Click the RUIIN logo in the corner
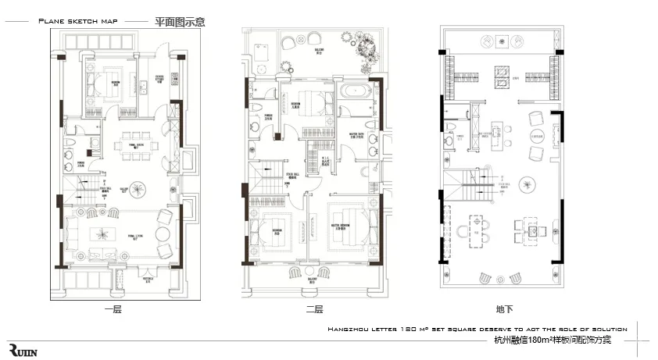coord(23,348)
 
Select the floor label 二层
coord(315,309)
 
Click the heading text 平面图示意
coord(181,21)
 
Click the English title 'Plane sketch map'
coord(78,21)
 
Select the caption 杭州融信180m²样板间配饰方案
coord(553,340)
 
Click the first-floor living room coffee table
coord(102,233)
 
